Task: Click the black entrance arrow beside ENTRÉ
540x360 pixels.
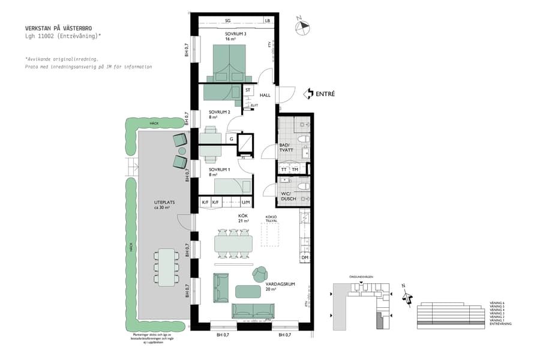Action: [x=308, y=94]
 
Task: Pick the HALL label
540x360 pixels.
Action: [x=265, y=95]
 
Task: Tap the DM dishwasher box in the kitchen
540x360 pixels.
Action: [x=305, y=257]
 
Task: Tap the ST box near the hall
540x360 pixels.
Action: [x=248, y=90]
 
